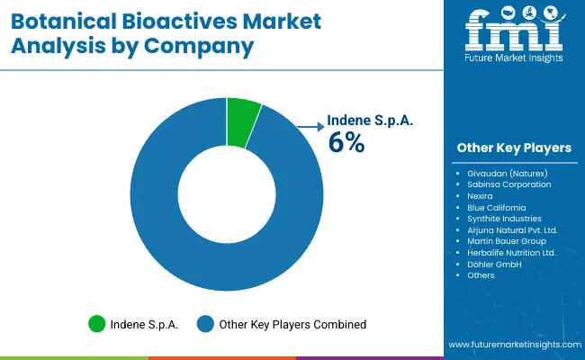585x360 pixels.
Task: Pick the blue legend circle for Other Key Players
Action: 204,324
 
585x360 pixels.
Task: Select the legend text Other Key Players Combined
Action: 292,324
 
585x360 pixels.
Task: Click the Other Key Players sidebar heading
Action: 514,148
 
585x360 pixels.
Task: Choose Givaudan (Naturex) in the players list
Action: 507,173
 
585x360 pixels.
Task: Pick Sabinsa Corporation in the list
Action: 509,184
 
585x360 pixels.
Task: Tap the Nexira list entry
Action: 481,196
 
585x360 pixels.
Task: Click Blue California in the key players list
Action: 497,207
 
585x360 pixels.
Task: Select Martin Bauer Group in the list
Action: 506,241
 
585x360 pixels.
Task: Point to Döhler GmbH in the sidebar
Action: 494,264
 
